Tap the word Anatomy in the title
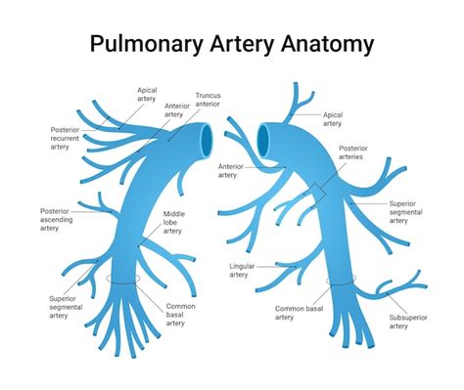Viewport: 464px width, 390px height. coord(326,44)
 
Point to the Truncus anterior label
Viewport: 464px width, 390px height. coord(208,101)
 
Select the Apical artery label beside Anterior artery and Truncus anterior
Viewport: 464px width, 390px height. coord(146,93)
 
